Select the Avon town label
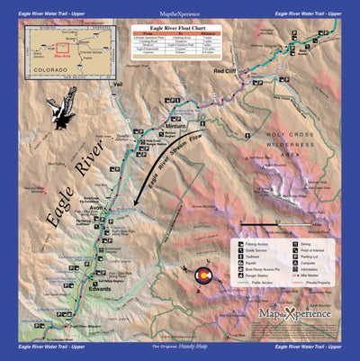tap(98, 208)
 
